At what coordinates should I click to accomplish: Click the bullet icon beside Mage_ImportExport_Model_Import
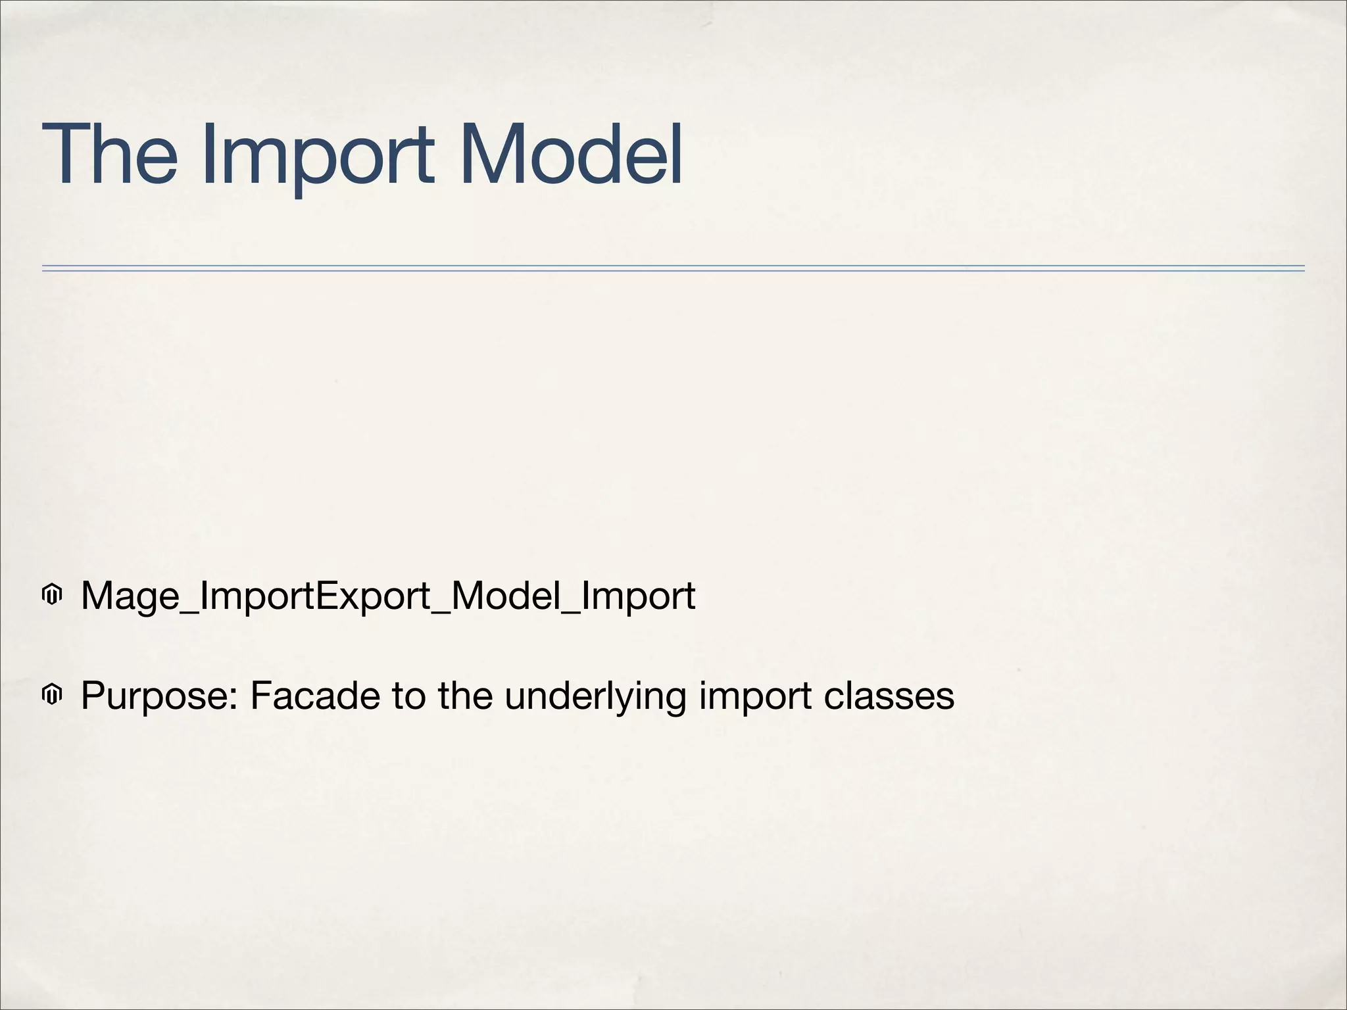[x=51, y=596]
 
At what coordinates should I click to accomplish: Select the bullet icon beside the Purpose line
[x=51, y=694]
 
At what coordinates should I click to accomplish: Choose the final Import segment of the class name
[x=638, y=597]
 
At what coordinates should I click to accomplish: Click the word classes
[x=889, y=695]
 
